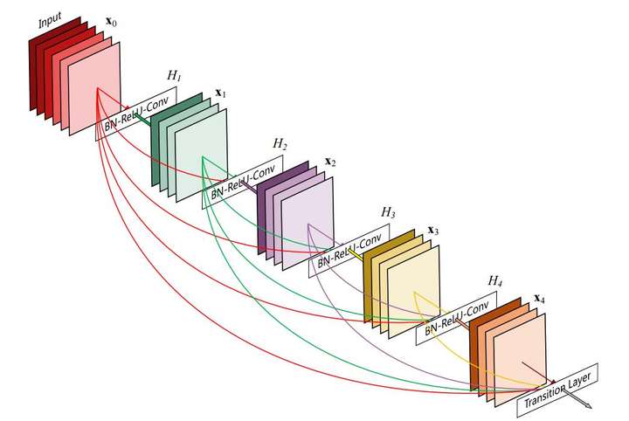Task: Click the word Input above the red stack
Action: coord(50,20)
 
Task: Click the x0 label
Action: coord(111,21)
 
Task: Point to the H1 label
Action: coord(174,75)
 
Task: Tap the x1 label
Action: coord(221,93)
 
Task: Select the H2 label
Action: coord(280,143)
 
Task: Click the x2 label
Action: coord(330,162)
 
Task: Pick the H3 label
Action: coord(388,212)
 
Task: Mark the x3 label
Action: coord(433,231)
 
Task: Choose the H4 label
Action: coord(495,280)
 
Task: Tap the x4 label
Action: coord(540,299)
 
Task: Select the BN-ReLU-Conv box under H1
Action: coord(136,114)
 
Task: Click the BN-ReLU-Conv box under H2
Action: coord(242,182)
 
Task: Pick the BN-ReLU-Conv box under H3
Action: coord(349,251)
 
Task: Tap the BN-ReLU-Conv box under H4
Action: coord(456,318)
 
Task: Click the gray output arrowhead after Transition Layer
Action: coord(588,406)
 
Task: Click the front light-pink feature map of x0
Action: coord(94,88)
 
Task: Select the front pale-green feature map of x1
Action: coord(201,155)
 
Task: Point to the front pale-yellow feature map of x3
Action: coord(413,293)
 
